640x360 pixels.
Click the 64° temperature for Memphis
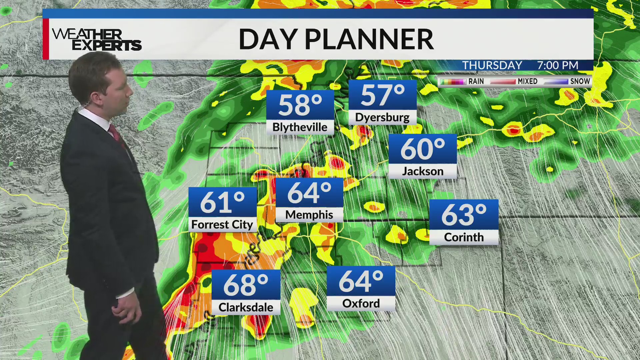[309, 193]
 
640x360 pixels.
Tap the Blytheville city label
[300, 127]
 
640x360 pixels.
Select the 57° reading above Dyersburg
[382, 95]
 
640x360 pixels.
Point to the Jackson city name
[423, 171]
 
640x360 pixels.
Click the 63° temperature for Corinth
[464, 215]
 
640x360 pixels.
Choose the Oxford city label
[361, 303]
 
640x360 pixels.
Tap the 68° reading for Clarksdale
[246, 285]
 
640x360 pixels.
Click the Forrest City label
[222, 225]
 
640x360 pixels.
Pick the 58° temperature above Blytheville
[300, 105]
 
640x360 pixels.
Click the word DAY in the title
[268, 39]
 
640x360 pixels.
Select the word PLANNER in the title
[369, 39]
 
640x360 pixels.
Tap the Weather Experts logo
[97, 39]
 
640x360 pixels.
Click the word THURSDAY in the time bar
[492, 65]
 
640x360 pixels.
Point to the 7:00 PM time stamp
[557, 65]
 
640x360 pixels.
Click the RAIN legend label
[476, 81]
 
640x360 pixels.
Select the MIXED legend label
[527, 81]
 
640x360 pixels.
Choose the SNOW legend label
[580, 81]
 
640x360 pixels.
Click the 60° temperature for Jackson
[423, 149]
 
